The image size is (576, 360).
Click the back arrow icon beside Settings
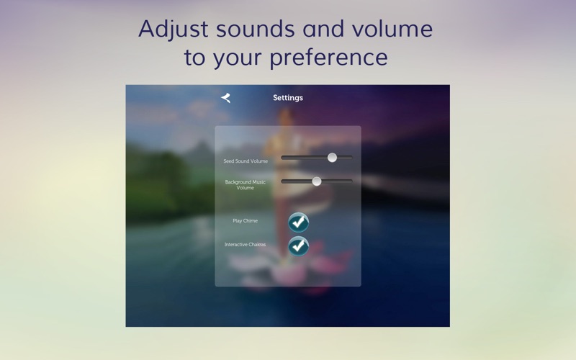tap(225, 98)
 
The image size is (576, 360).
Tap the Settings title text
tap(288, 98)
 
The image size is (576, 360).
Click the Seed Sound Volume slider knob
tap(332, 158)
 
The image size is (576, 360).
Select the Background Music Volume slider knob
tap(316, 181)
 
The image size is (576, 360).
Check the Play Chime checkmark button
tap(298, 222)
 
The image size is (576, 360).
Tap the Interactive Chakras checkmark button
tap(298, 246)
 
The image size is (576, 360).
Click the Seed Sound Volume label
tap(246, 161)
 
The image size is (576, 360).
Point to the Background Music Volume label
tap(245, 185)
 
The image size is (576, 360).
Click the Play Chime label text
tap(245, 221)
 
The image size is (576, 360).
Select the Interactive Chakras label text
tap(245, 245)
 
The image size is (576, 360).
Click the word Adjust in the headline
tap(174, 30)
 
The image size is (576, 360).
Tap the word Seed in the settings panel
tap(228, 161)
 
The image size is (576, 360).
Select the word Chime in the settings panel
tap(250, 221)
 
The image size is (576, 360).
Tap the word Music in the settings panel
tap(259, 182)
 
